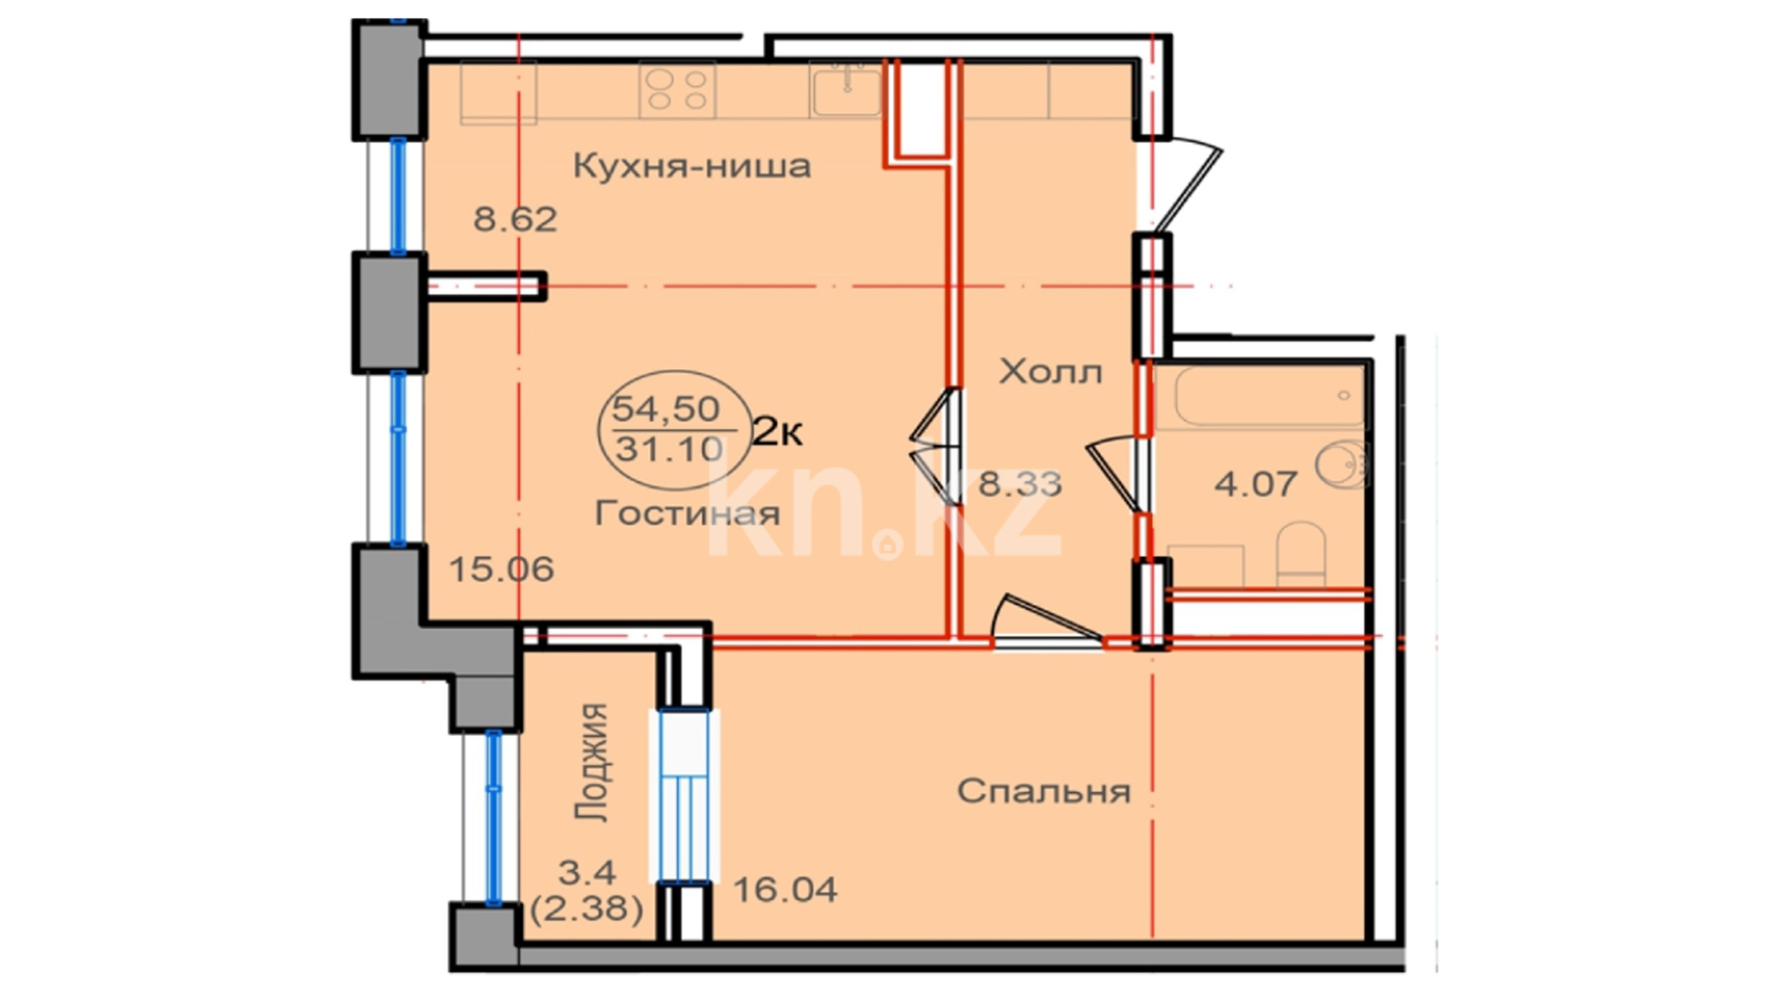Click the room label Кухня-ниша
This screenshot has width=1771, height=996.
(x=692, y=167)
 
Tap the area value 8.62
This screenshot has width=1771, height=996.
(x=516, y=219)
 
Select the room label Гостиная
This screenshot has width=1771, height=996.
(x=687, y=513)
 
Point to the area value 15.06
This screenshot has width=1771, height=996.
(x=502, y=569)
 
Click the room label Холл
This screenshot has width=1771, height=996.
(x=1051, y=372)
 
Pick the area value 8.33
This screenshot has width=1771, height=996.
(x=1020, y=483)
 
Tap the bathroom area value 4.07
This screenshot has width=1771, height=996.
(x=1256, y=483)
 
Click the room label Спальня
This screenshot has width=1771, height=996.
(x=1043, y=791)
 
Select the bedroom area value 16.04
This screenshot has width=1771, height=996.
(x=785, y=889)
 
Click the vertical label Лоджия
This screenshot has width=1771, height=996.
(x=591, y=762)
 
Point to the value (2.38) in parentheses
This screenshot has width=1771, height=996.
(x=587, y=909)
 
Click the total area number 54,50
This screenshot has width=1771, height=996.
(x=666, y=407)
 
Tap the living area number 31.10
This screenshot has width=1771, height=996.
(x=670, y=449)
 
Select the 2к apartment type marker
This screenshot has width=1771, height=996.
(x=778, y=431)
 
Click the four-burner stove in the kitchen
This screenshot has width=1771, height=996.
(x=678, y=90)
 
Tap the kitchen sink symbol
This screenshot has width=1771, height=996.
(x=846, y=89)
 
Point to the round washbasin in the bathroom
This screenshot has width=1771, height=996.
(x=1342, y=464)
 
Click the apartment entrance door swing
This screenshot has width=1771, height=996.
(x=1187, y=184)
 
